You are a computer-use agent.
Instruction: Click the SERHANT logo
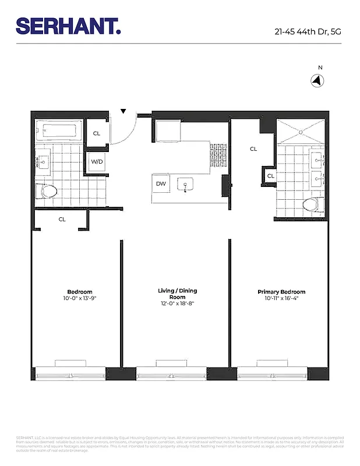click(x=68, y=26)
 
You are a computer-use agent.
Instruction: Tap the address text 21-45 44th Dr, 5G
click(x=308, y=32)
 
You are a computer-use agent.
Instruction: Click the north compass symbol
click(x=318, y=82)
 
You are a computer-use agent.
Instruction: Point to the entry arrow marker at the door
click(x=123, y=111)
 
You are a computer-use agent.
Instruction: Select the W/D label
click(x=97, y=162)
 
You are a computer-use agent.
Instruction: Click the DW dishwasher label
click(x=161, y=184)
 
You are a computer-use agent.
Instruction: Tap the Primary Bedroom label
click(x=281, y=292)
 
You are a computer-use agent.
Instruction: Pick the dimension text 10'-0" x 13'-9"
click(x=80, y=299)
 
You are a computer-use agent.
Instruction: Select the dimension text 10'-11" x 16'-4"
click(x=281, y=299)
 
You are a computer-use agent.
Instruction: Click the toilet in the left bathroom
click(x=47, y=190)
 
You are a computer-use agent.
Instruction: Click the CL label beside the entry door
click(x=97, y=133)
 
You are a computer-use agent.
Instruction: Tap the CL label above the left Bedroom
click(x=62, y=220)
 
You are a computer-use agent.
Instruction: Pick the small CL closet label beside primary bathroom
click(x=271, y=176)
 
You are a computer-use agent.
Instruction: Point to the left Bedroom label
click(x=80, y=292)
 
